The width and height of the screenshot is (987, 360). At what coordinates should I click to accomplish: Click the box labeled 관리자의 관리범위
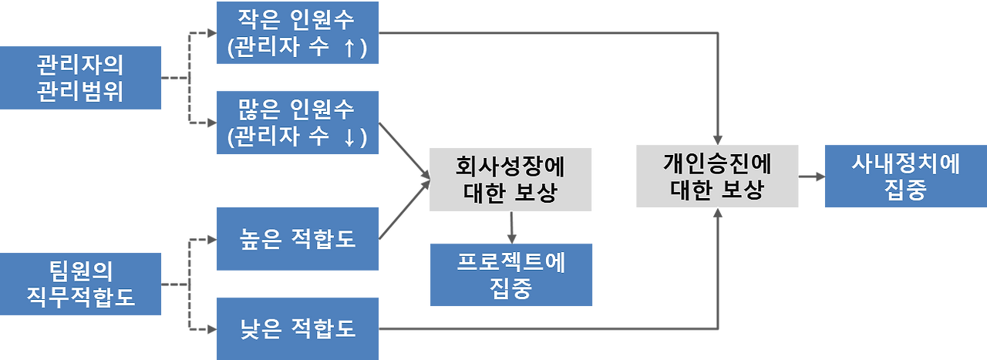point(81,78)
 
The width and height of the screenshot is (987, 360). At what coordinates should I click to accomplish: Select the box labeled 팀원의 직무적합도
point(81,283)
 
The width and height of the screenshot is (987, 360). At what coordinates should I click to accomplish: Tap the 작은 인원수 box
point(298,32)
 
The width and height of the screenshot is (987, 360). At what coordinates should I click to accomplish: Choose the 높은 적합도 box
point(298,238)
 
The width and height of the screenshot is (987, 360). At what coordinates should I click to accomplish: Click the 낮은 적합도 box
point(298,328)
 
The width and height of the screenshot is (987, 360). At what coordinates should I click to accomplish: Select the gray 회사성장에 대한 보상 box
point(510,180)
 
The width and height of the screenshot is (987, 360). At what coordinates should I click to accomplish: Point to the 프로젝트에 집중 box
point(511,274)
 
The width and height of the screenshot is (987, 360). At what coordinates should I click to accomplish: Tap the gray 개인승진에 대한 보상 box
point(716,176)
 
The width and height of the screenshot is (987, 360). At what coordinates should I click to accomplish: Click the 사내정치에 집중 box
point(904,176)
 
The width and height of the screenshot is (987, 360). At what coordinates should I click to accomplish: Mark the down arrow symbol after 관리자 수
point(349,138)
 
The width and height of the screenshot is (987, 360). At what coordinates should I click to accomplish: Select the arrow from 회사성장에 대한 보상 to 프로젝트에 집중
point(510,227)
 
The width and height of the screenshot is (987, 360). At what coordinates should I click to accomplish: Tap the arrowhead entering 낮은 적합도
point(211,330)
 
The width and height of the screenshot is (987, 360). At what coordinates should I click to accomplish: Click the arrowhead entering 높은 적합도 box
point(211,239)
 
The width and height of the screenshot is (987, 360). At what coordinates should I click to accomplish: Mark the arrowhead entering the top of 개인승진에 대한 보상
point(717,136)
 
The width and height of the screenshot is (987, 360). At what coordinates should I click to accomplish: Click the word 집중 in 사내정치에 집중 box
point(904,190)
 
